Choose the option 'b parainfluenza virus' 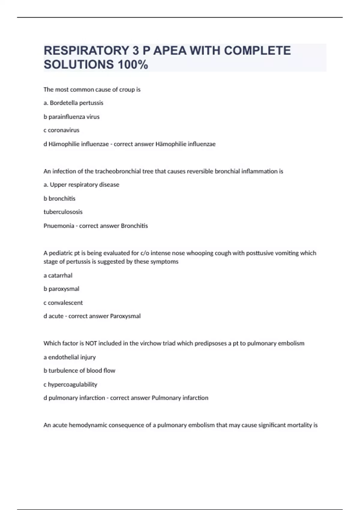tap(71, 117)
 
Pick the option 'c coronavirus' tap(61, 130)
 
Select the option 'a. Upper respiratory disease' tap(81, 185)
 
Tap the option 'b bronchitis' tap(59, 198)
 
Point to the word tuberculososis tap(63, 212)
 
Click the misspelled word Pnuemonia tap(59, 226)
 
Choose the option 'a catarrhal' tap(58, 275)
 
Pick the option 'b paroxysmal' tap(61, 289)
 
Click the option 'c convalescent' tap(63, 303)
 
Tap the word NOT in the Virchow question tap(91, 343)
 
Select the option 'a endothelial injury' tap(70, 357)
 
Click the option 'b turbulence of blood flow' tap(79, 370)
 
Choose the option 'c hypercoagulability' tap(70, 384)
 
